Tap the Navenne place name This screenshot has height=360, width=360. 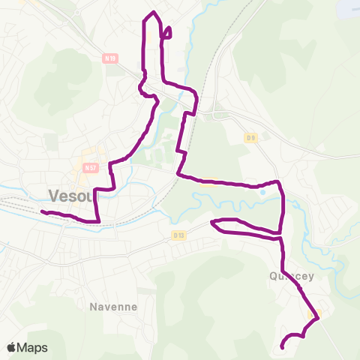[112, 307]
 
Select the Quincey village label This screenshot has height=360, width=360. [289, 275]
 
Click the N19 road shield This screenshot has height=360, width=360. [110, 58]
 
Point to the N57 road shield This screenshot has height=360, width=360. [91, 168]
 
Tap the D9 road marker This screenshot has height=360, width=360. [250, 137]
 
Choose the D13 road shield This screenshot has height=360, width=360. [178, 235]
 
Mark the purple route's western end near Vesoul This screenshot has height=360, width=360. [42, 212]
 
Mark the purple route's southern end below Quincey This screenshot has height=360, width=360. [282, 346]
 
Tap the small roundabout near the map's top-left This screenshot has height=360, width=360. [77, 13]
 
